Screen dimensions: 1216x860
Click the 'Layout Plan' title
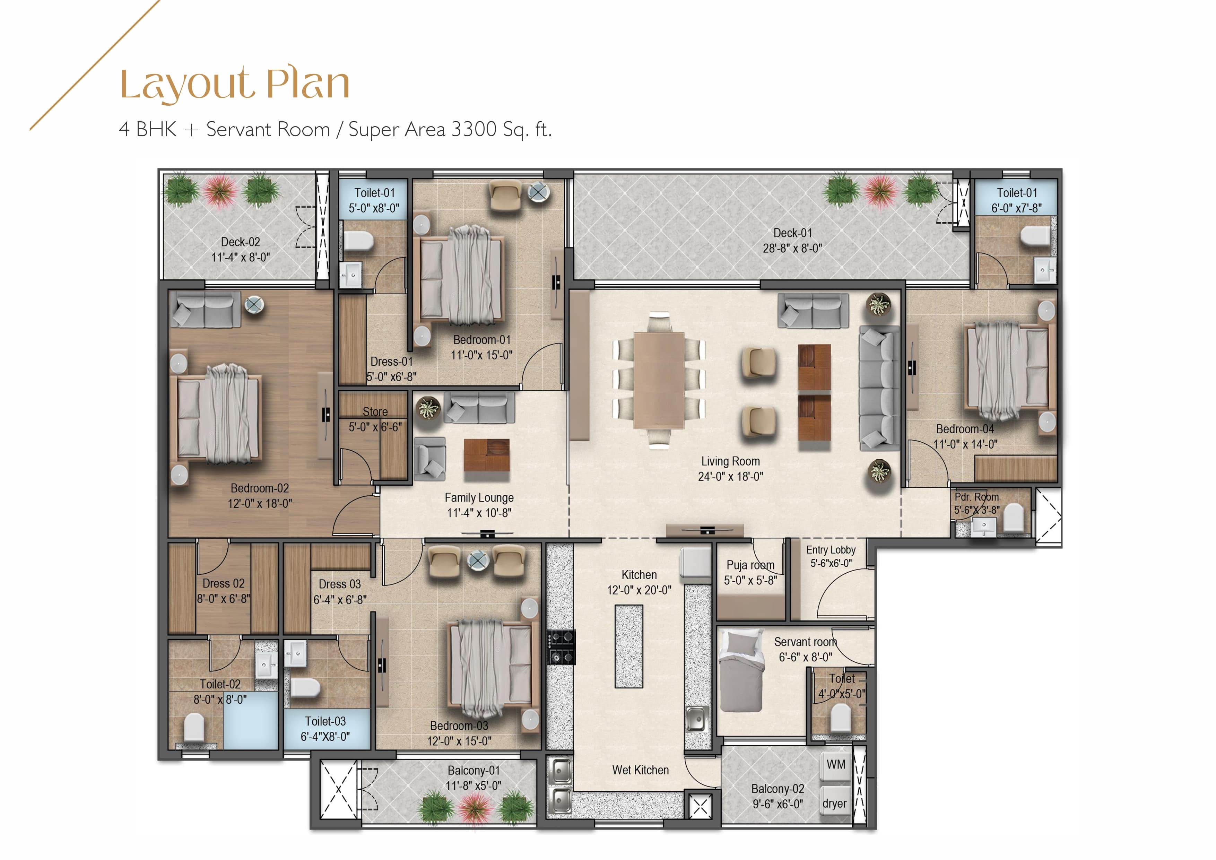tap(235, 84)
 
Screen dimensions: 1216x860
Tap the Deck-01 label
tap(792, 233)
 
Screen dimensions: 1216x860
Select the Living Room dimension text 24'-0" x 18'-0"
tap(730, 477)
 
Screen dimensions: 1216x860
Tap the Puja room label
tap(750, 565)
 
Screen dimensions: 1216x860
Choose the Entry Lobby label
tap(831, 550)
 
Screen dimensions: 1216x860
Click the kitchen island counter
tap(629, 646)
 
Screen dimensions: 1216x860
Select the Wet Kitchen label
tap(640, 770)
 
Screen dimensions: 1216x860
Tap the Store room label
tap(375, 411)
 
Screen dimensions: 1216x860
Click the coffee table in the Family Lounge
tap(487, 455)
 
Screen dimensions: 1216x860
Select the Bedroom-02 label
tap(260, 488)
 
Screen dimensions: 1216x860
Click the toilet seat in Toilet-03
tap(305, 688)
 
